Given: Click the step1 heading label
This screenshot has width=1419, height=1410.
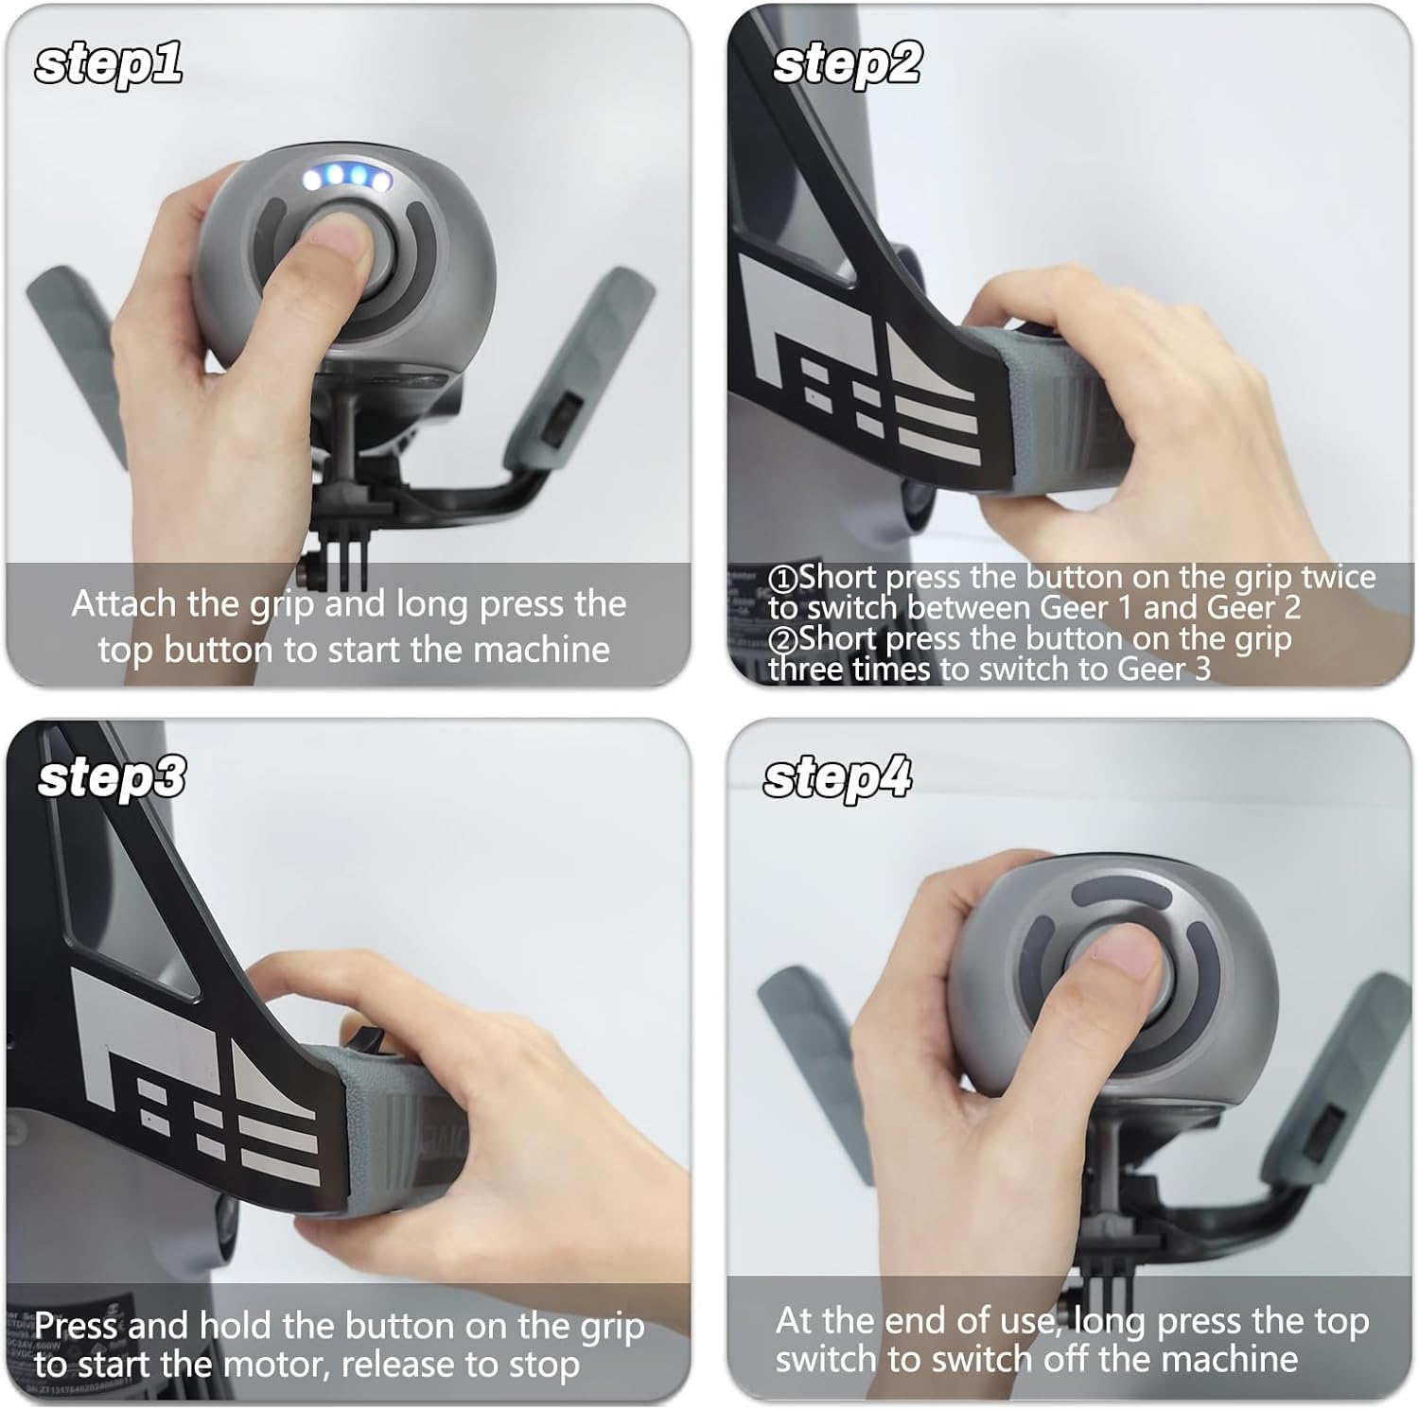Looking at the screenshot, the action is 108,64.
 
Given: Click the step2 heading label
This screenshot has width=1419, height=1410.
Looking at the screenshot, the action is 847,64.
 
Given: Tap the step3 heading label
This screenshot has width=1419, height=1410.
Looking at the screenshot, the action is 112,777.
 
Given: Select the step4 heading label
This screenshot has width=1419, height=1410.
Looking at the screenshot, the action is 837,777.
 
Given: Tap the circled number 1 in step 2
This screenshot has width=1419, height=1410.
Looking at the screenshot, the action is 783,578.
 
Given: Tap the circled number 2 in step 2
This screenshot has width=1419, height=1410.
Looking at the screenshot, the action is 783,639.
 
